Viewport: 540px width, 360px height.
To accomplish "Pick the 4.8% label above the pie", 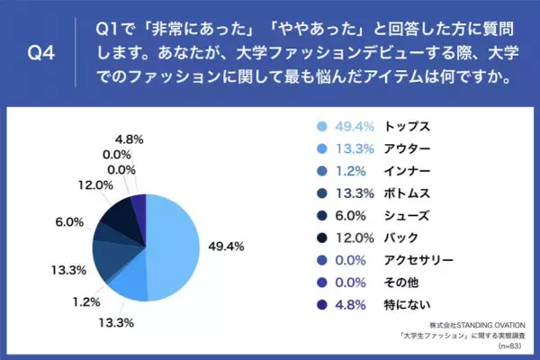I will pos(130,139).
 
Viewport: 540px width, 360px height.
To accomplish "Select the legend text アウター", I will pos(407,148).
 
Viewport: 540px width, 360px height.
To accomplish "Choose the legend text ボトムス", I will pos(407,193).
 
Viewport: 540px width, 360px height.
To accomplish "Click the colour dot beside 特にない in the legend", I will pos(320,306).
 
